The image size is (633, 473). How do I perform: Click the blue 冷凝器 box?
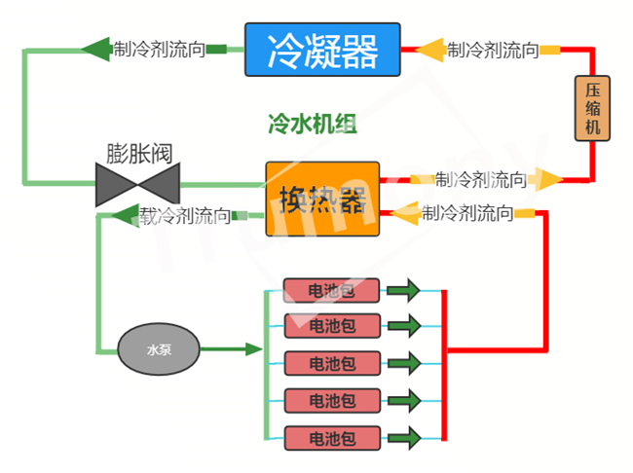(322, 50)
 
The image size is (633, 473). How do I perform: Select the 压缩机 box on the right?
(592, 108)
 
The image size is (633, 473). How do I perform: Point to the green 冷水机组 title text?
(312, 124)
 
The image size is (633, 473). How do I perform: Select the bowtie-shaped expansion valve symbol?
(138, 184)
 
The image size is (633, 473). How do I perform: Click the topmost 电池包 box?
(330, 290)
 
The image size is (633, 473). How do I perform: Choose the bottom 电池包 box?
(330, 437)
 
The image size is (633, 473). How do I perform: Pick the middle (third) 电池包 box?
(330, 364)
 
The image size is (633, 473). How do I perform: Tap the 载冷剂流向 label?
(185, 215)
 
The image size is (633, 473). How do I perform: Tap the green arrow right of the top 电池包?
(402, 290)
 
